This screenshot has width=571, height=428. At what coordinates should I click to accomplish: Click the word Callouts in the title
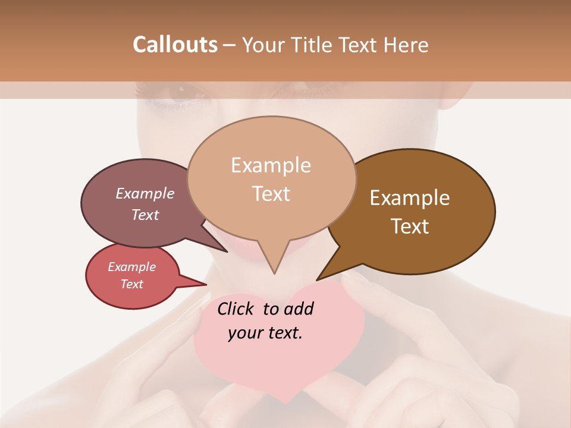[x=175, y=45]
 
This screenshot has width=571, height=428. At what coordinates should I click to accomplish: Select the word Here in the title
[x=404, y=45]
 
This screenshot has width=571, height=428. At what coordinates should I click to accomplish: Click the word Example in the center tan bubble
[x=271, y=165]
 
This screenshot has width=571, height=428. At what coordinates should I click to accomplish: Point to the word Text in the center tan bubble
[x=271, y=194]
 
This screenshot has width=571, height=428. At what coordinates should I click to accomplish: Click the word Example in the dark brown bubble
[x=410, y=198]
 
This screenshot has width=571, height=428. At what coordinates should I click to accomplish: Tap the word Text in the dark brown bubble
[x=410, y=226]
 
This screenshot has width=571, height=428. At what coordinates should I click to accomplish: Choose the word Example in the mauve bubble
[x=145, y=193]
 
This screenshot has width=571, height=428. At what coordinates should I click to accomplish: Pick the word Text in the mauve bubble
[x=145, y=215]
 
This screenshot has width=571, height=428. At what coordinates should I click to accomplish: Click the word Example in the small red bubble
[x=132, y=267]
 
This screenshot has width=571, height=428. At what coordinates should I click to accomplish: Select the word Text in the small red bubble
[x=132, y=284]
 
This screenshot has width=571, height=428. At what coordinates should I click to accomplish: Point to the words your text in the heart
[x=265, y=333]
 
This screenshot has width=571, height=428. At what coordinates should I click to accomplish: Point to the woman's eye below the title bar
[x=178, y=95]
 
